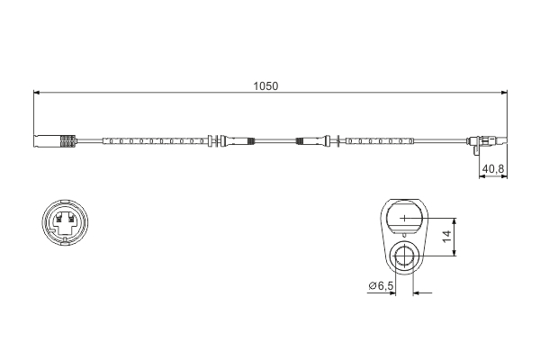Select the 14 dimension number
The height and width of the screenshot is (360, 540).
(446, 238)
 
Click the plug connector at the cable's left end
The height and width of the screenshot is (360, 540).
(55, 140)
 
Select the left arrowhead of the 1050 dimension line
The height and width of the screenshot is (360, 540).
(38, 93)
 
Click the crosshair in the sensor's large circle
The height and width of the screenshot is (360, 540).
(405, 218)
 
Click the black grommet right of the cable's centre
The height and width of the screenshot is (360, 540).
(304, 140)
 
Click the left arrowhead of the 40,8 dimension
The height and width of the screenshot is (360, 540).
(478, 177)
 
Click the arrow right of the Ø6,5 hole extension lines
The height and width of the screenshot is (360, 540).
(424, 292)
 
